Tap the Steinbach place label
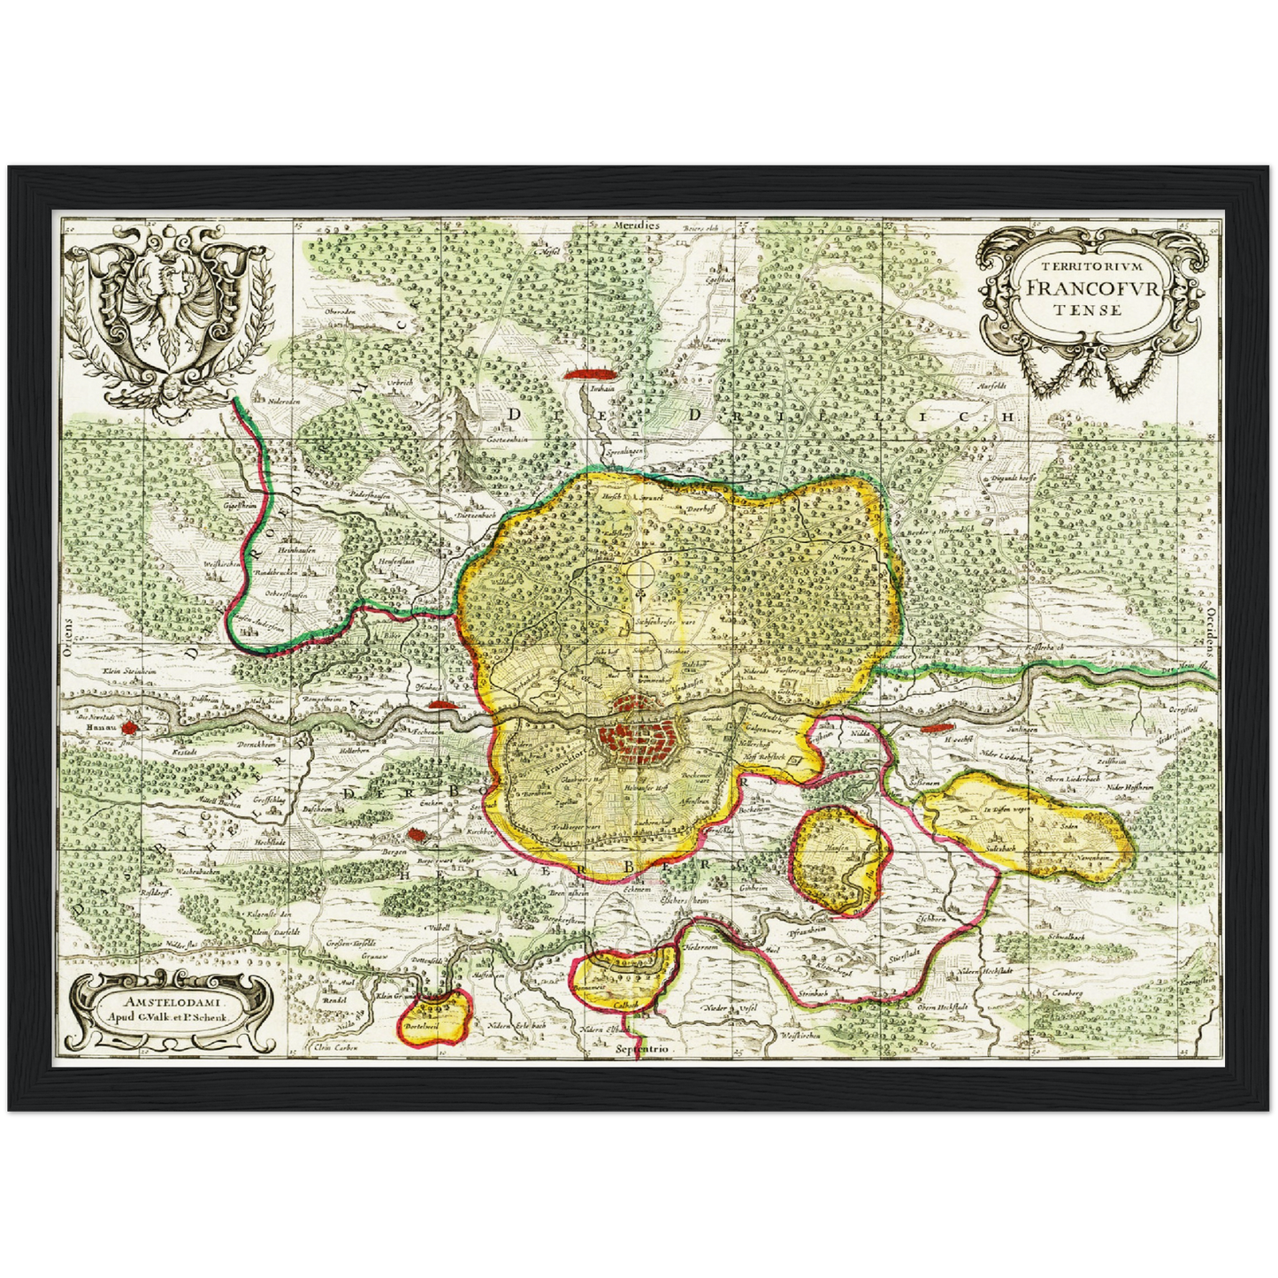(x=812, y=993)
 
